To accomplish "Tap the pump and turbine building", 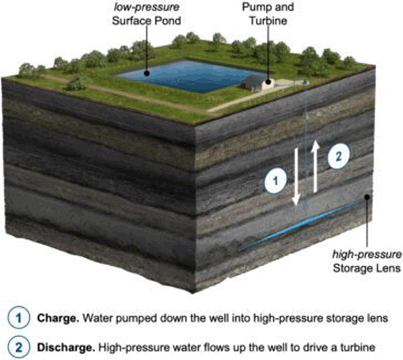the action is click(x=257, y=83).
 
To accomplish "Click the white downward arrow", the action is click(x=296, y=176).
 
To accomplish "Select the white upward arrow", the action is click(x=315, y=167).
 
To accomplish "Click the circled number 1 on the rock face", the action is click(x=276, y=180).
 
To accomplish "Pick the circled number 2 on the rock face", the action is click(x=338, y=156).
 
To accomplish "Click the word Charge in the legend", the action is click(x=58, y=318).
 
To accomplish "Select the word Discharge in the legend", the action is click(x=66, y=347).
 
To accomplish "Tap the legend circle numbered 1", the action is click(x=18, y=318).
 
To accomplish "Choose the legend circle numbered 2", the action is click(x=18, y=347).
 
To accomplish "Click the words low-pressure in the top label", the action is click(x=146, y=7).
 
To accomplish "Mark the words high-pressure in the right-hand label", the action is click(x=367, y=255).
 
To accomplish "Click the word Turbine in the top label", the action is click(x=268, y=21).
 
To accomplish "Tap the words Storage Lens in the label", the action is click(x=367, y=268).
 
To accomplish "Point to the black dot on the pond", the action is click(x=146, y=73).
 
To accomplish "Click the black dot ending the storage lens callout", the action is click(x=367, y=197).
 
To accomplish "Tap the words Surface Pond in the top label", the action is click(x=146, y=21).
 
